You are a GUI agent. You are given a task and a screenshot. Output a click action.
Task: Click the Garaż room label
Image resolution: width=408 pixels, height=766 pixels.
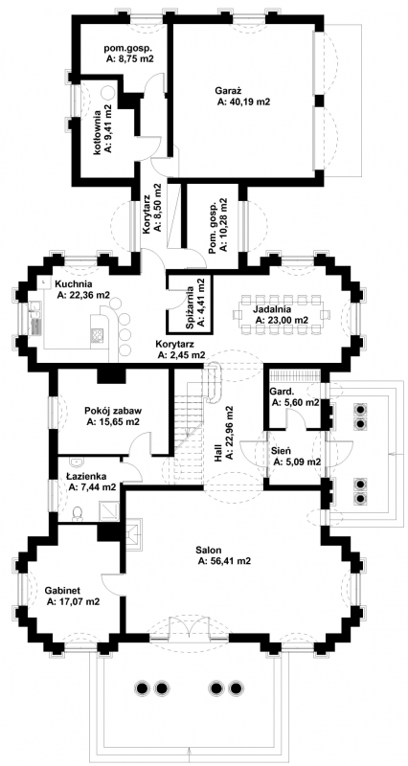pyautogui.click(x=226, y=90)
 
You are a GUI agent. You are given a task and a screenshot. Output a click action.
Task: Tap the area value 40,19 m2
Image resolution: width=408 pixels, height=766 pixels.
pyautogui.click(x=244, y=102)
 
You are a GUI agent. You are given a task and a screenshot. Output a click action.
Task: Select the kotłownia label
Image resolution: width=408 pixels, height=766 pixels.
pyautogui.click(x=98, y=132)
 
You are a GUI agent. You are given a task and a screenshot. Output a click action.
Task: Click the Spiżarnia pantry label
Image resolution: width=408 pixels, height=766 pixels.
pyautogui.click(x=188, y=304)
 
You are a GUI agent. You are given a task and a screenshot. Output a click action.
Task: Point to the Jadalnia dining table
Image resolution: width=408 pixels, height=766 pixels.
pyautogui.click(x=279, y=313)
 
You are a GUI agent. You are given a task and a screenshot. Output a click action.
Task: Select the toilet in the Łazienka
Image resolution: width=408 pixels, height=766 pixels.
pyautogui.click(x=78, y=513)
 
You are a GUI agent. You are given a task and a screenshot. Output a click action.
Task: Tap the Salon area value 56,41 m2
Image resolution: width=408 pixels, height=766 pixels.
pyautogui.click(x=224, y=561)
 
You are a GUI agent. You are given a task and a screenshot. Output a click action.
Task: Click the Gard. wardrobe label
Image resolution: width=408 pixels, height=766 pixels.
pyautogui.click(x=282, y=392)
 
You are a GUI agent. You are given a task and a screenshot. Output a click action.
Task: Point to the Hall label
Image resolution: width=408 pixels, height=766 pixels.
pyautogui.click(x=218, y=454)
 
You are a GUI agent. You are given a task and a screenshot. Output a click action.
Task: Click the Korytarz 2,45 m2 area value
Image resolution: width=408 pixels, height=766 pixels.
pyautogui.click(x=180, y=355)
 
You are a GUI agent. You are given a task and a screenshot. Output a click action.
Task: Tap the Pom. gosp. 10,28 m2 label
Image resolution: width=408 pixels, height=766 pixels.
pyautogui.click(x=218, y=224)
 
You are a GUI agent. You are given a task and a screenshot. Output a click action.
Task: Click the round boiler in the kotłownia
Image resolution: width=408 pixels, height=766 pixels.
pyautogui.click(x=107, y=93)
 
